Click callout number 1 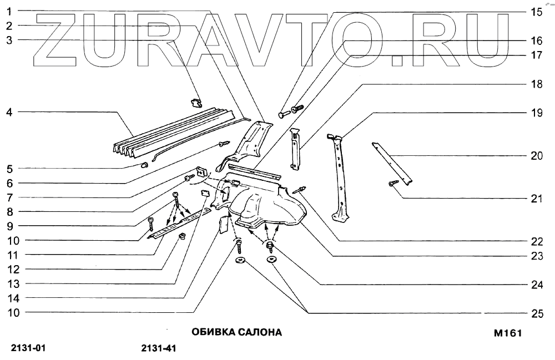(9, 11)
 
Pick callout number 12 (12, 269)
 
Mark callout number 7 (9, 197)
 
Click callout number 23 (536, 256)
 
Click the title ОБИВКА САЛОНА (236, 333)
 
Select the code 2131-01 (28, 349)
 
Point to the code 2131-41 (159, 349)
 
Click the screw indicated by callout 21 (394, 183)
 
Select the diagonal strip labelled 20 (392, 163)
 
